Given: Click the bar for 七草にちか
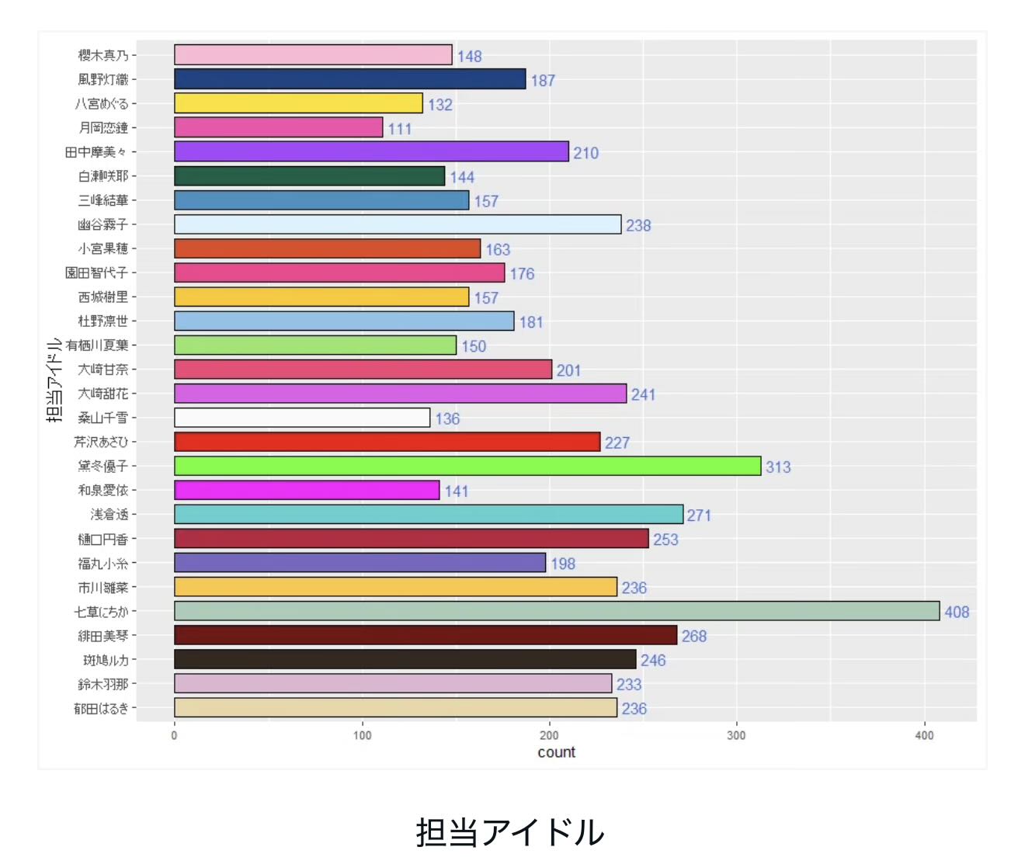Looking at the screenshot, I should coord(556,611).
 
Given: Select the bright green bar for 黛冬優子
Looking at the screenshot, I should coord(467,466).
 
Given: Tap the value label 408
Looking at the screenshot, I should coord(957,612).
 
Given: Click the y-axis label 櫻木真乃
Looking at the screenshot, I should coord(102,55).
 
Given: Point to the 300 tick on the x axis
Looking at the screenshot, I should coord(736,735).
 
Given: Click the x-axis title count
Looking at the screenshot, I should coord(556,752).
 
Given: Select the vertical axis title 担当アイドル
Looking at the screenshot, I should coord(54,380).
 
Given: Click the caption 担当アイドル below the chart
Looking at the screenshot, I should coord(510,832).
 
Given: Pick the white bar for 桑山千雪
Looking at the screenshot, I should coord(301,418).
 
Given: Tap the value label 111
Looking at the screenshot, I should coord(400,129).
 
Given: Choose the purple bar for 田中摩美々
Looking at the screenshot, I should coord(371,151).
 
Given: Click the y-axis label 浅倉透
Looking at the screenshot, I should coord(109,514).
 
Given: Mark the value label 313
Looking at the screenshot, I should coord(778,467).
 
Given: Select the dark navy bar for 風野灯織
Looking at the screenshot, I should coord(349,79).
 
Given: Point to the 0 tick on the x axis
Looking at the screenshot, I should coord(174,735).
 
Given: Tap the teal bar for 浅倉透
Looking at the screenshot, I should coord(428,514).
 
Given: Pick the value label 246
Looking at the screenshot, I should coord(653,660).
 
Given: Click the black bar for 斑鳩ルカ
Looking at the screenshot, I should coord(405,659).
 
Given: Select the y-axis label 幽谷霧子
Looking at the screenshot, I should coord(102,224).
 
